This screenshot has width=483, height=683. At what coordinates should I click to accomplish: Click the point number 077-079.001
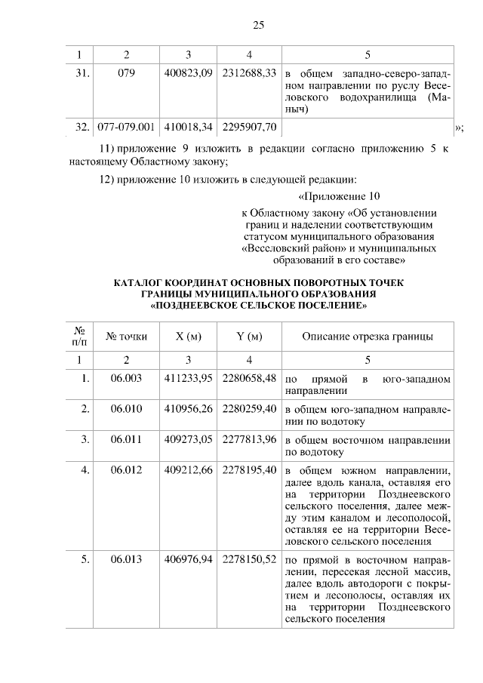point(126,125)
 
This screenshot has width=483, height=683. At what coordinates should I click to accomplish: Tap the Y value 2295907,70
point(249,125)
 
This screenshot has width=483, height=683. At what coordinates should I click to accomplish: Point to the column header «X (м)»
point(188,337)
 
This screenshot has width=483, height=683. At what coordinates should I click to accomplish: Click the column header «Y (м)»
point(249,337)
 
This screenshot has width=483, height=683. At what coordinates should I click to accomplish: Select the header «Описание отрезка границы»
point(368,337)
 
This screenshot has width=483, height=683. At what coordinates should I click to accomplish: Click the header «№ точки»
point(126,337)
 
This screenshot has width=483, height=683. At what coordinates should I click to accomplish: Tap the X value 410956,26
point(188,409)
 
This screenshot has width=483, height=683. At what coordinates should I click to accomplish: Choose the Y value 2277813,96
point(249,439)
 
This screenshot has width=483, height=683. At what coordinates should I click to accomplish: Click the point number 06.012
point(126,470)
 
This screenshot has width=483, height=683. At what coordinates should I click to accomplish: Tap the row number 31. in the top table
point(83,74)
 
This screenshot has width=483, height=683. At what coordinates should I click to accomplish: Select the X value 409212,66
point(188,470)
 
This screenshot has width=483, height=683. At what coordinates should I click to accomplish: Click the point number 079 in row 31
point(126,74)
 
